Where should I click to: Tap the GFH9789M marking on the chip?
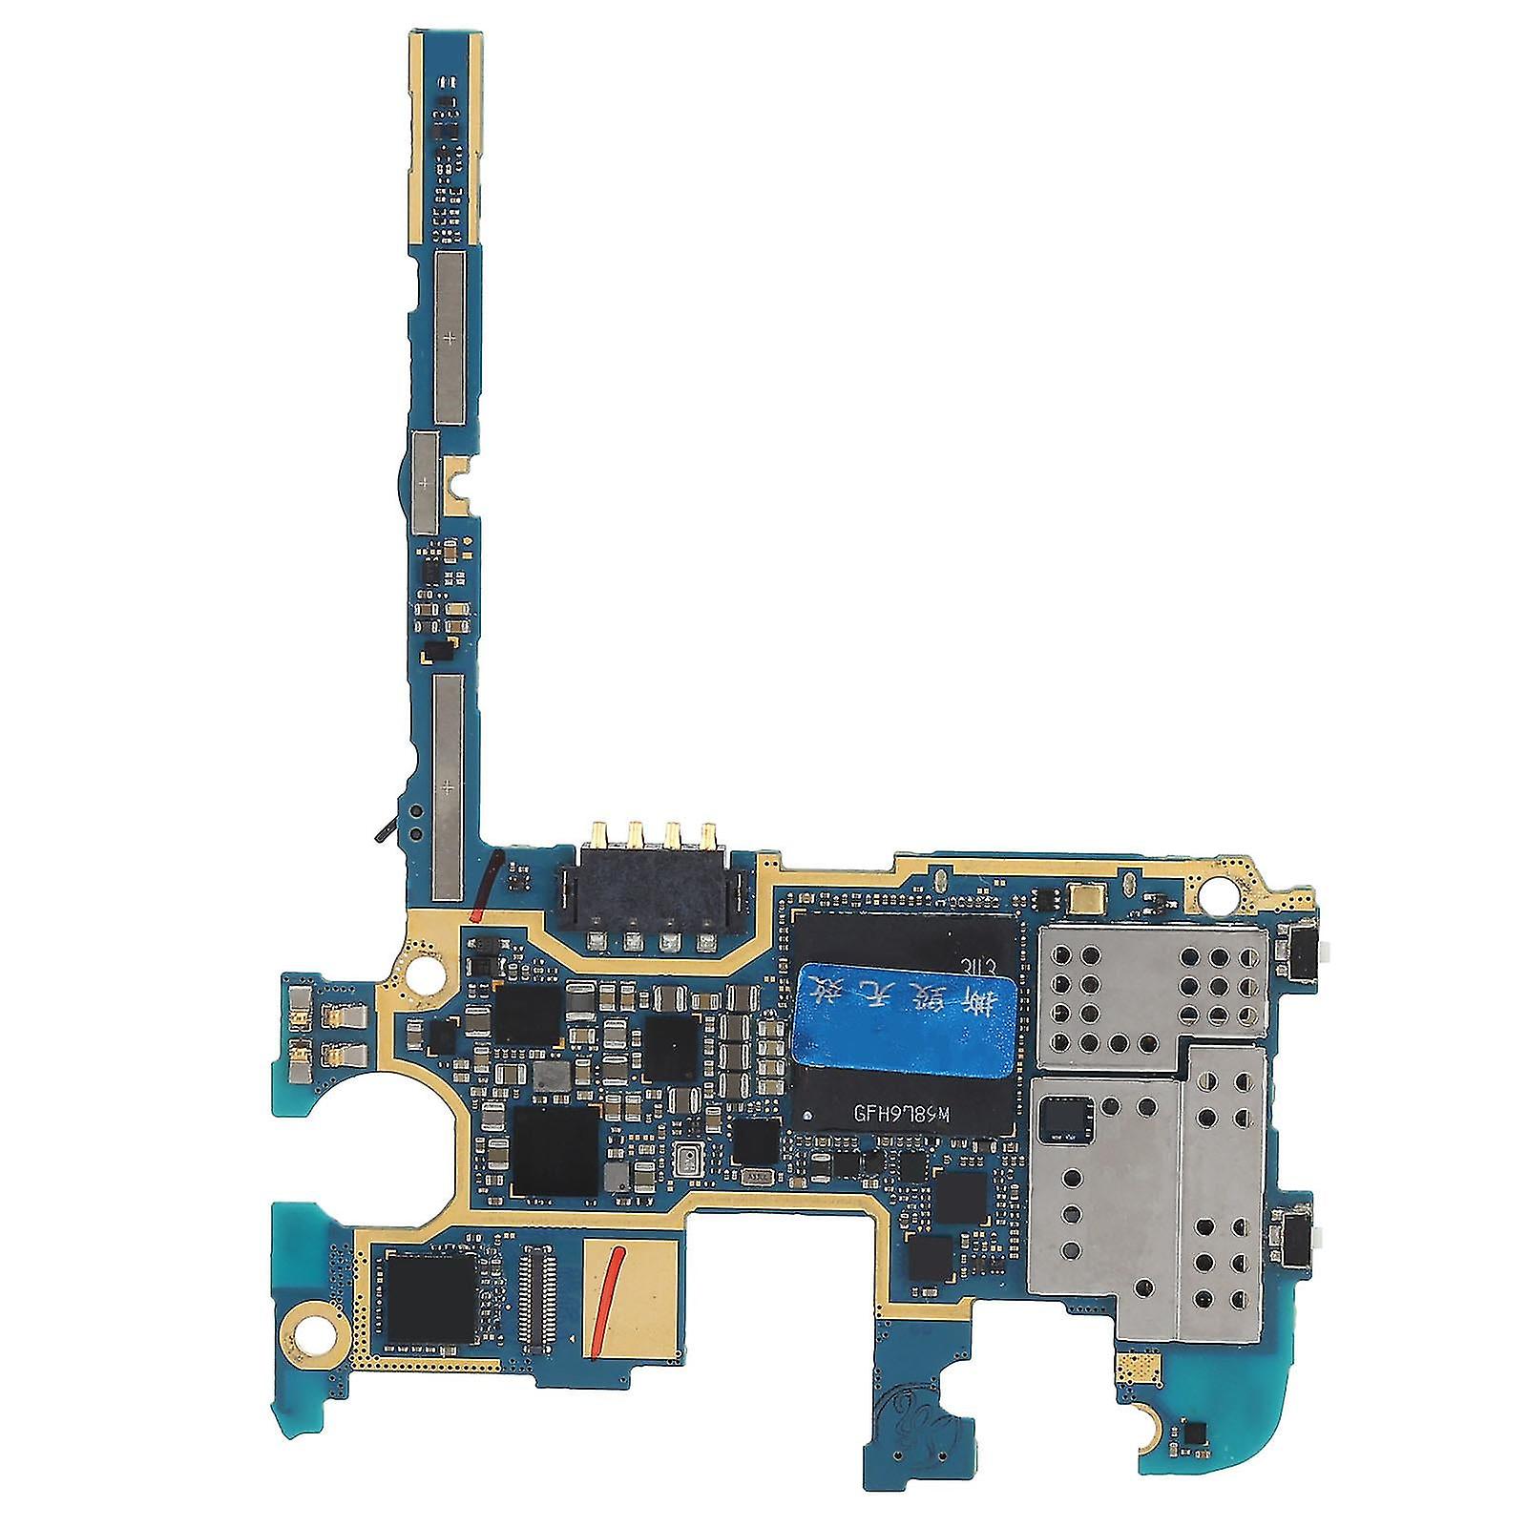tap(893, 1112)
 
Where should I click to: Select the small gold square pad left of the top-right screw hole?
tap(1086, 897)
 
